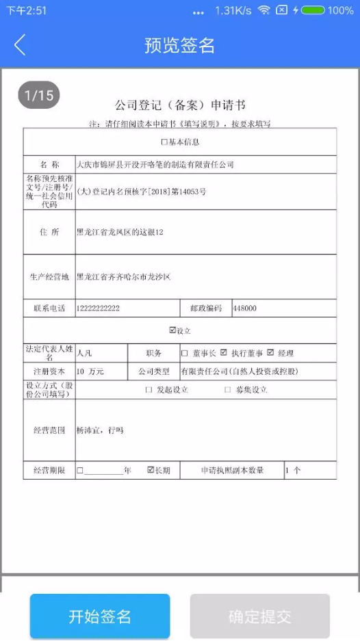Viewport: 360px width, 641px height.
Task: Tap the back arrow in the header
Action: coord(20,45)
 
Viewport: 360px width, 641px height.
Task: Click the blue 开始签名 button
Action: coord(100,616)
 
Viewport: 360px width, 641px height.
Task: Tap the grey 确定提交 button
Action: coord(260,616)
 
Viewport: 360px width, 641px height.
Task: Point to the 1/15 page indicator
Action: coord(39,96)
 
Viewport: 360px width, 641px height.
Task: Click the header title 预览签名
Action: coord(180,45)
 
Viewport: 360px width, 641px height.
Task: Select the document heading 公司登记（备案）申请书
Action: coord(180,106)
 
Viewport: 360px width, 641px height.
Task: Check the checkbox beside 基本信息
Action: coord(164,142)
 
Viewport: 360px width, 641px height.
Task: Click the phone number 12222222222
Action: coord(98,309)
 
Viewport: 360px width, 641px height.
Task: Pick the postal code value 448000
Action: coord(244,309)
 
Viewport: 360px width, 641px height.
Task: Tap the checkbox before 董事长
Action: coord(185,353)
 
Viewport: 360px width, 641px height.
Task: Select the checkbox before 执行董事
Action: coord(223,353)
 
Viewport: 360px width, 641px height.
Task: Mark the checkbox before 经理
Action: coord(270,353)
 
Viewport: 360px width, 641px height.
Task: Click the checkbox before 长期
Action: coord(151,471)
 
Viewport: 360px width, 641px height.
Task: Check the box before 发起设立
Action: coord(149,390)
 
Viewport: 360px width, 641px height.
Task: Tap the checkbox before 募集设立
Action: coord(227,390)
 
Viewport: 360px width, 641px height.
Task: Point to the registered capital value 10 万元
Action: coord(90,371)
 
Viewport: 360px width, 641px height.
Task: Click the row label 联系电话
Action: coord(49,309)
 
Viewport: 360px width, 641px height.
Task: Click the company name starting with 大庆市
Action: coord(155,165)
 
